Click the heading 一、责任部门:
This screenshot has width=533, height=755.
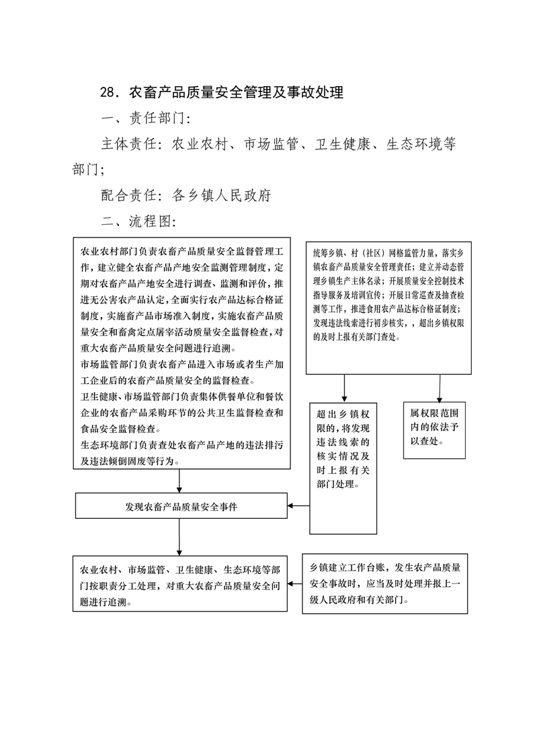147,118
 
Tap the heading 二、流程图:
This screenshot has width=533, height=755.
139,221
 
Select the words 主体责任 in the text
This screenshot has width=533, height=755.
129,143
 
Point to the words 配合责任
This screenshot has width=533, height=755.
129,195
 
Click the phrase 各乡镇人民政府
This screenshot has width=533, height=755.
221,195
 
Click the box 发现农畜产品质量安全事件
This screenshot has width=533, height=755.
181,505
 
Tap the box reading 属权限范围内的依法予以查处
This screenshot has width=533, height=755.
434,430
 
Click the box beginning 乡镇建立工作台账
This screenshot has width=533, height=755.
385,583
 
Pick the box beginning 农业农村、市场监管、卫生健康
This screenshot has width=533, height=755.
180,583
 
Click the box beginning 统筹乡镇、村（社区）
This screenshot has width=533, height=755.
388,308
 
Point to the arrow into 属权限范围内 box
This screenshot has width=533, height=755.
440,388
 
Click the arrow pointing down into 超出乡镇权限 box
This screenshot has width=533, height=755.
344,388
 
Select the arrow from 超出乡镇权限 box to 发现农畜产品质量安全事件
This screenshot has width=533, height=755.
298,505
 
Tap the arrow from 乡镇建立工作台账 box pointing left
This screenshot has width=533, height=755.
295,585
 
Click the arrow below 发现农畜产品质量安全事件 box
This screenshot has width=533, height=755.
179,537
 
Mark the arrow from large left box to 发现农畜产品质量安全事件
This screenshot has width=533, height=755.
179,481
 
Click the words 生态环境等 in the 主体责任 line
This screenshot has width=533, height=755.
421,143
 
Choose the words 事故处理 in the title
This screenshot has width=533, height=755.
316,92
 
